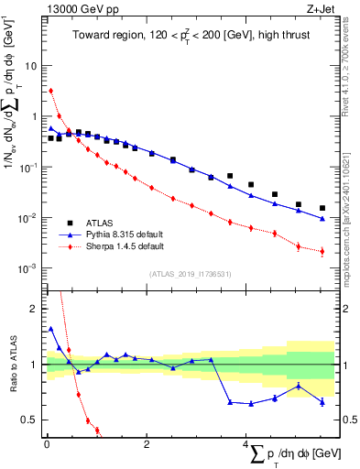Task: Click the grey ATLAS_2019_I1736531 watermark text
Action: (190, 273)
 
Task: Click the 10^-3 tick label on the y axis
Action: (29, 268)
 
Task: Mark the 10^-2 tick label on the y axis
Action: (29, 218)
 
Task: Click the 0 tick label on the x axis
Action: (46, 444)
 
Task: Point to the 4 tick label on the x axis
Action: (245, 444)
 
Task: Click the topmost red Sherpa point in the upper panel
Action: (51, 91)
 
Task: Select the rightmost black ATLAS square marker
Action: (322, 208)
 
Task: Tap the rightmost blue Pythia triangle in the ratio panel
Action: (322, 401)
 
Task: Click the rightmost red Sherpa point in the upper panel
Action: (322, 251)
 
